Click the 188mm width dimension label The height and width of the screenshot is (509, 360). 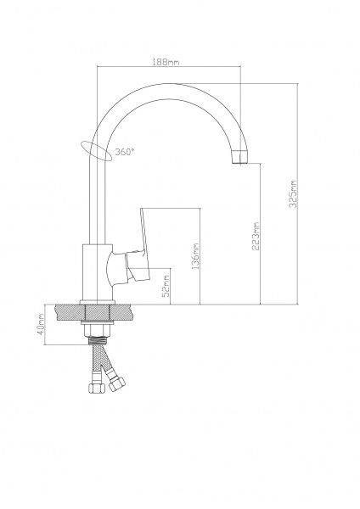click(166, 61)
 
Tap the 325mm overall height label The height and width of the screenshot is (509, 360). click(293, 193)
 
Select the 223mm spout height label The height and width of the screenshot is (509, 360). click(256, 236)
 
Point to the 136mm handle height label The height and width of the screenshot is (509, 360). click(195, 256)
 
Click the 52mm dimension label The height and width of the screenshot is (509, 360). click(166, 286)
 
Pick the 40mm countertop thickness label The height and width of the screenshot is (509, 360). click(42, 325)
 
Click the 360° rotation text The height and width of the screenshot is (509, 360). click(125, 152)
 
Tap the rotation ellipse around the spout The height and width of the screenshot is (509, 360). click(97, 151)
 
